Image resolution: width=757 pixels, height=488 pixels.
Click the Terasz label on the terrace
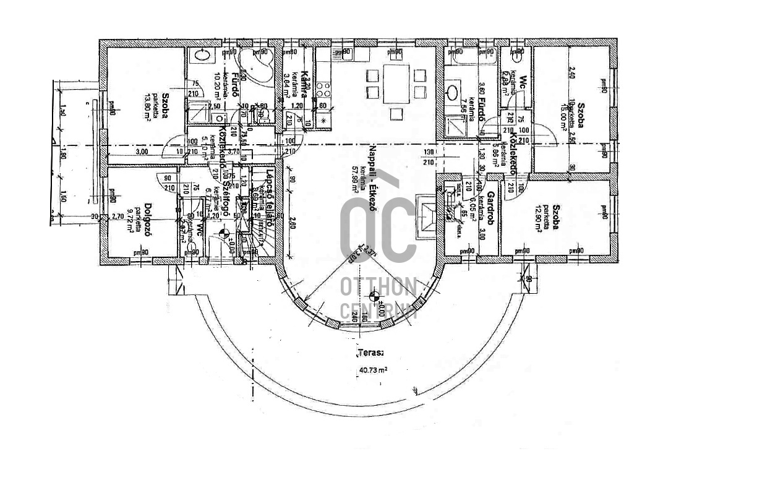370,354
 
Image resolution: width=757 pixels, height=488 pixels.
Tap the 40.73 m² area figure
373,370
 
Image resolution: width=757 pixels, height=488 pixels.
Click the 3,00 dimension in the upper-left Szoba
142,151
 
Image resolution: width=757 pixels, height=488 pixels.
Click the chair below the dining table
396,114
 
